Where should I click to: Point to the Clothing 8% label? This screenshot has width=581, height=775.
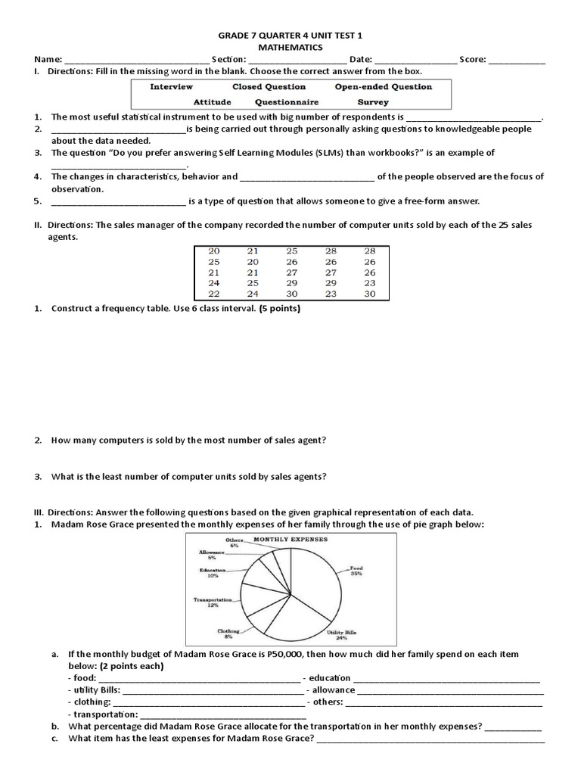click(229, 633)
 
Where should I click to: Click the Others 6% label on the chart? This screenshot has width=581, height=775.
click(235, 542)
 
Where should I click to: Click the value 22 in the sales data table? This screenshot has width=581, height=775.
click(213, 294)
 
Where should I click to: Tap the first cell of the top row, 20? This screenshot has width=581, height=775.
click(213, 251)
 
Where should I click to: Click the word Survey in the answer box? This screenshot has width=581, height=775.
click(373, 101)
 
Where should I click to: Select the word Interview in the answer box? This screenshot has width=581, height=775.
click(171, 87)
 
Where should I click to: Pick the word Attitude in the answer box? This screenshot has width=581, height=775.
click(212, 101)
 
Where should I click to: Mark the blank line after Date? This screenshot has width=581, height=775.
click(415, 60)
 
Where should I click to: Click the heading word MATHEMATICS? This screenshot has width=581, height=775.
click(290, 47)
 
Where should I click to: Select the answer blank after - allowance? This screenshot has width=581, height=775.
click(450, 690)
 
